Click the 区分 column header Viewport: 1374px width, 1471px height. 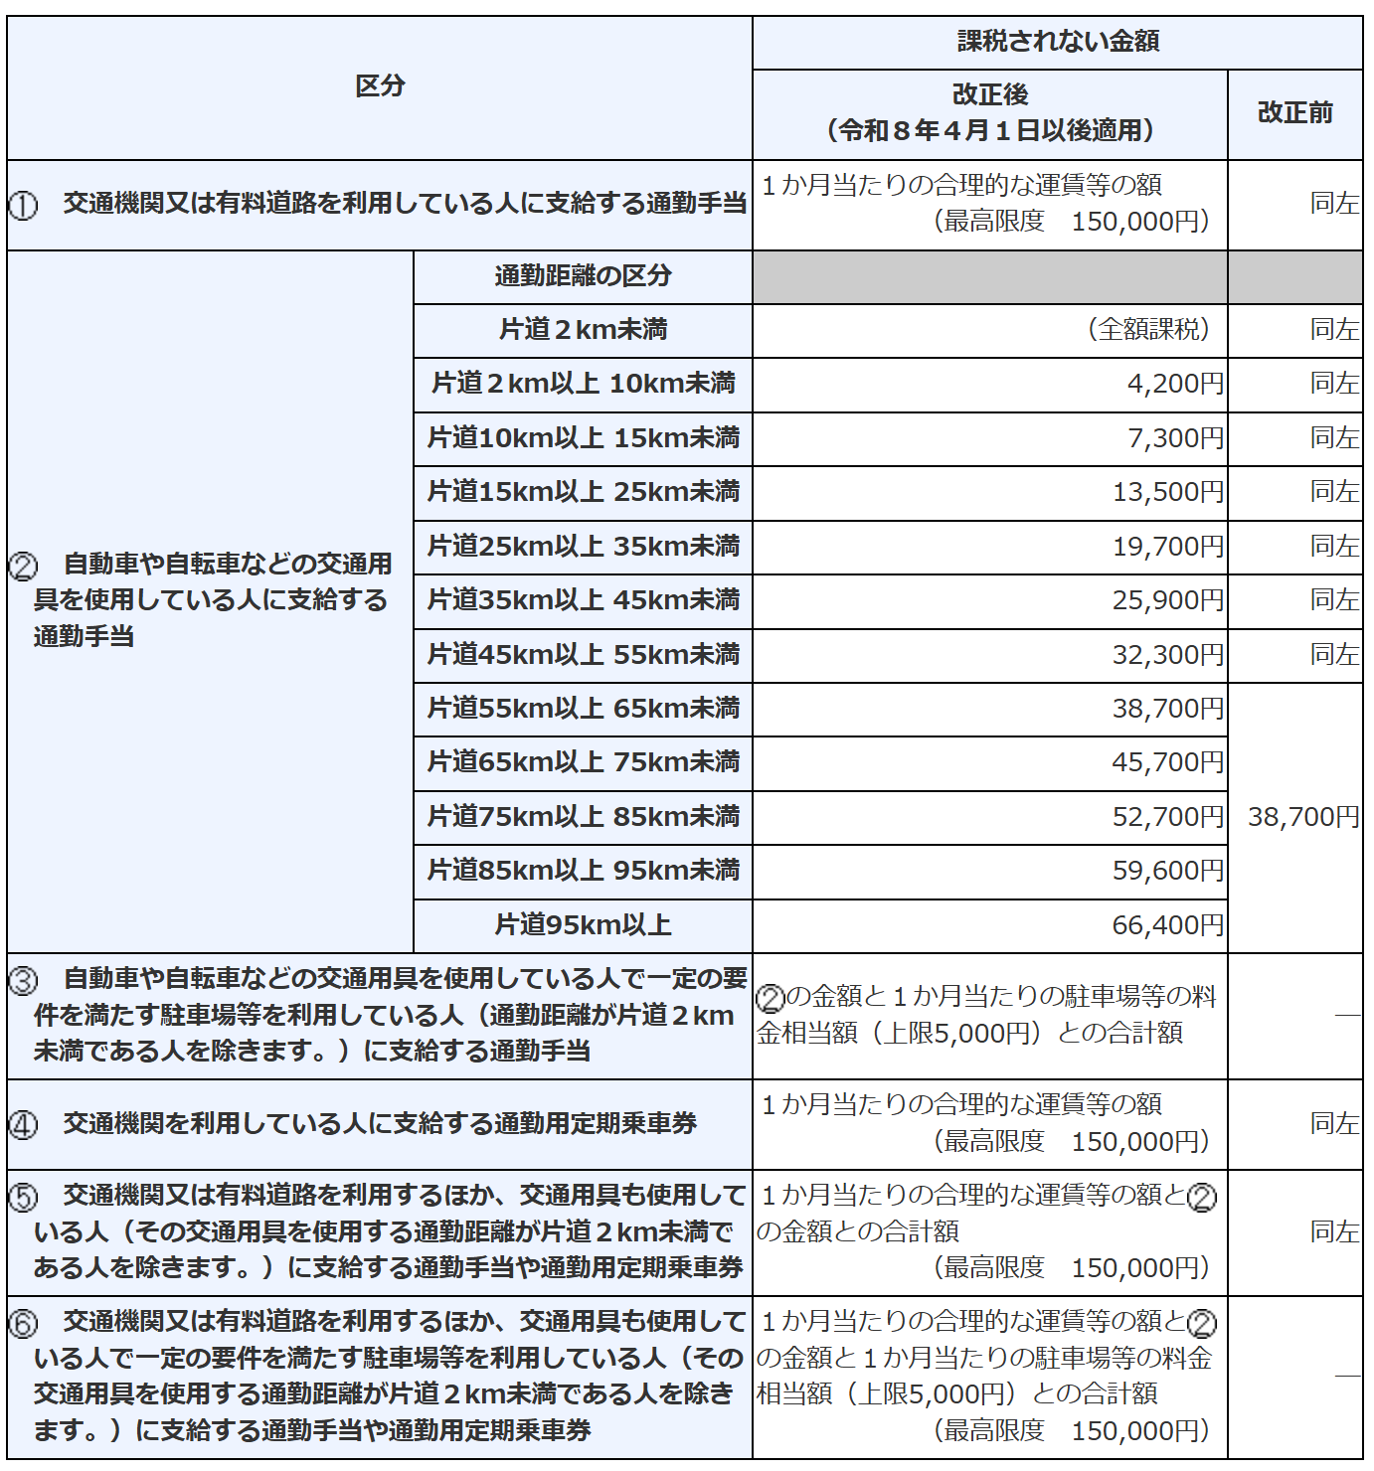[x=380, y=86]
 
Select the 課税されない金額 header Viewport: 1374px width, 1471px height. [x=1058, y=42]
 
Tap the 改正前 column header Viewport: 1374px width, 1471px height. [x=1294, y=113]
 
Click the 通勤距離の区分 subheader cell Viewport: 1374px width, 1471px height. [x=583, y=276]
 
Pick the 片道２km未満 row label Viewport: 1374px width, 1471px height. [x=583, y=330]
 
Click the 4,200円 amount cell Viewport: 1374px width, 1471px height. [x=1175, y=385]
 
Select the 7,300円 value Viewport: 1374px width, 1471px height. [x=1175, y=438]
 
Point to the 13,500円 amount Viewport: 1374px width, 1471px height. [x=1168, y=492]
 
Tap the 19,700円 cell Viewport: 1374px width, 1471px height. [x=1168, y=547]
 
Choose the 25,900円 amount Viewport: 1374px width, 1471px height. [x=1168, y=600]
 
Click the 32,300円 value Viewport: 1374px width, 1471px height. [x=1168, y=655]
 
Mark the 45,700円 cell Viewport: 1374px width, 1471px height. [x=1168, y=762]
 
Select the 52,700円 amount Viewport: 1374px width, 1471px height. [x=1168, y=817]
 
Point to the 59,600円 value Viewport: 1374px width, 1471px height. [x=1168, y=871]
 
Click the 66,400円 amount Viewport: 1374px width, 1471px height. [x=1168, y=925]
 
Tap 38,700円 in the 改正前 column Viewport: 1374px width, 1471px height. [x=1302, y=817]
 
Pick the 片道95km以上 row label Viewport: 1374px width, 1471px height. [x=583, y=925]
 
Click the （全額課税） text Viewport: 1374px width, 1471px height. [x=1148, y=330]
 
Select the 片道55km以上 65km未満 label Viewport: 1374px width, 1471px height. [x=583, y=709]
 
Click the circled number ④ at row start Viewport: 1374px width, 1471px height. [x=23, y=1125]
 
